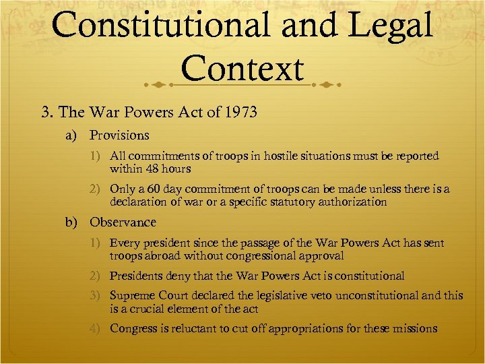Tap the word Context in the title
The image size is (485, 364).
[243, 69]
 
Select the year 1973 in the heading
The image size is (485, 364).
[238, 112]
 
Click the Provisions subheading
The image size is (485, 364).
[119, 135]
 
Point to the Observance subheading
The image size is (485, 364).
[123, 222]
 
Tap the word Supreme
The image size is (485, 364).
[132, 296]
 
